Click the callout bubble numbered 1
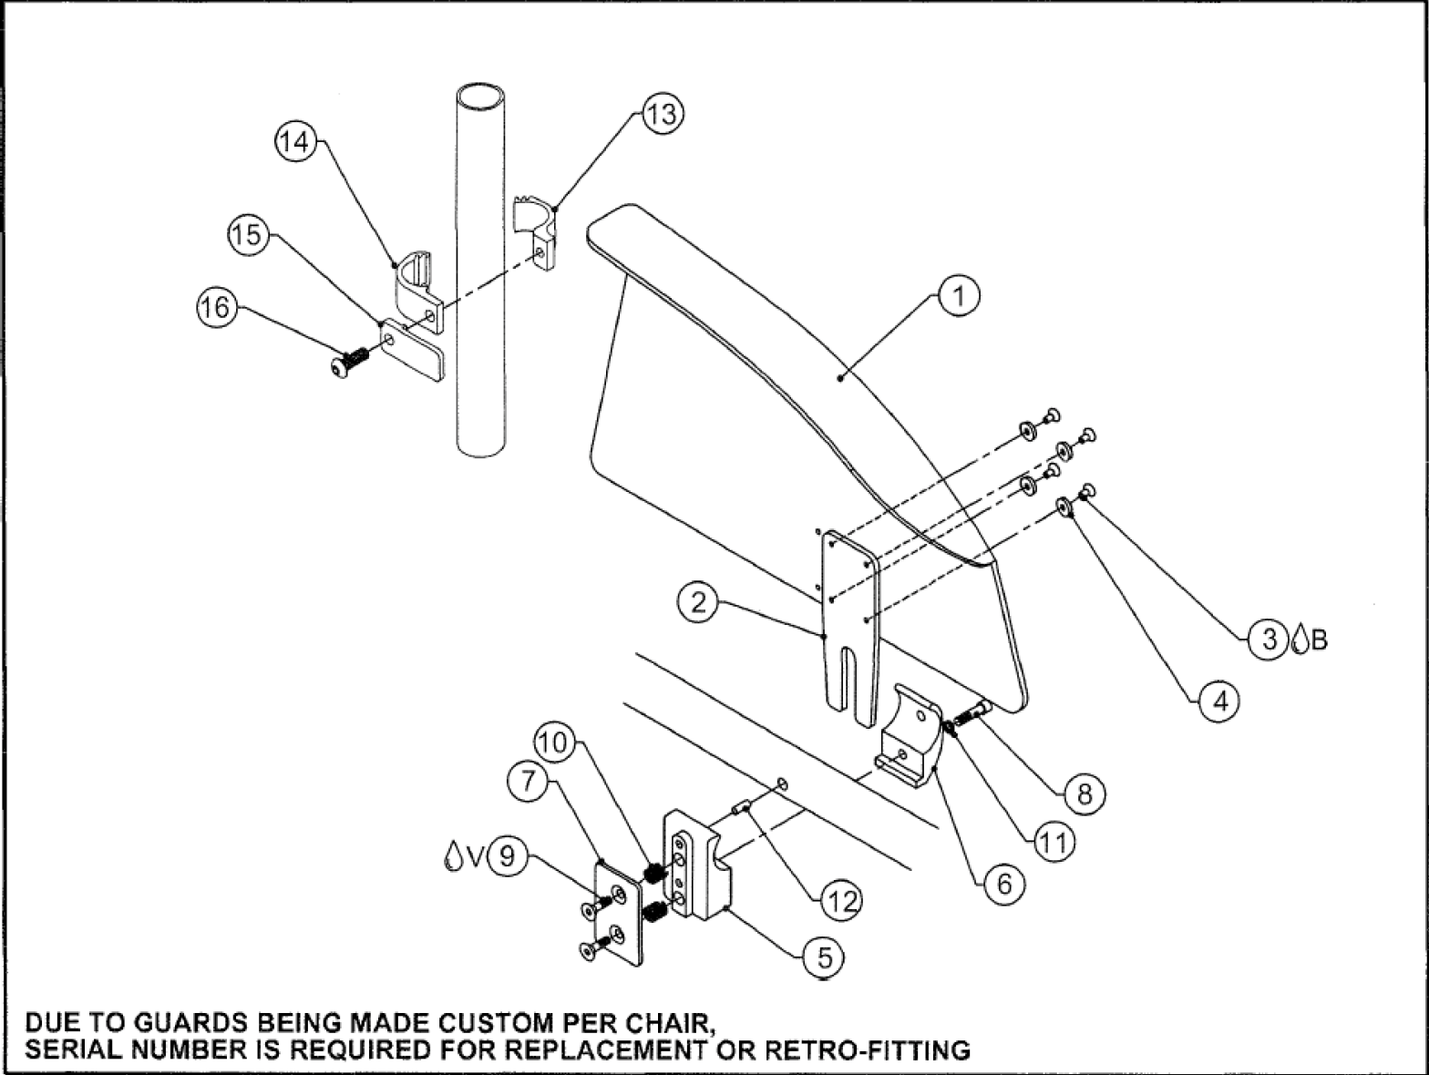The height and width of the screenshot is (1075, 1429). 959,296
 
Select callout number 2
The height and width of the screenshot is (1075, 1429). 698,603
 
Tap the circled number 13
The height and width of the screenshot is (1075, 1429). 662,115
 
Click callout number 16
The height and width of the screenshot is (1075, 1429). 216,308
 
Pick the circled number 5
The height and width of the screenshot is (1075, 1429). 824,957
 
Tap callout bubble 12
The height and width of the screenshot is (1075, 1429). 840,901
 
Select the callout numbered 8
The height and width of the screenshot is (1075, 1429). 1084,793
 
